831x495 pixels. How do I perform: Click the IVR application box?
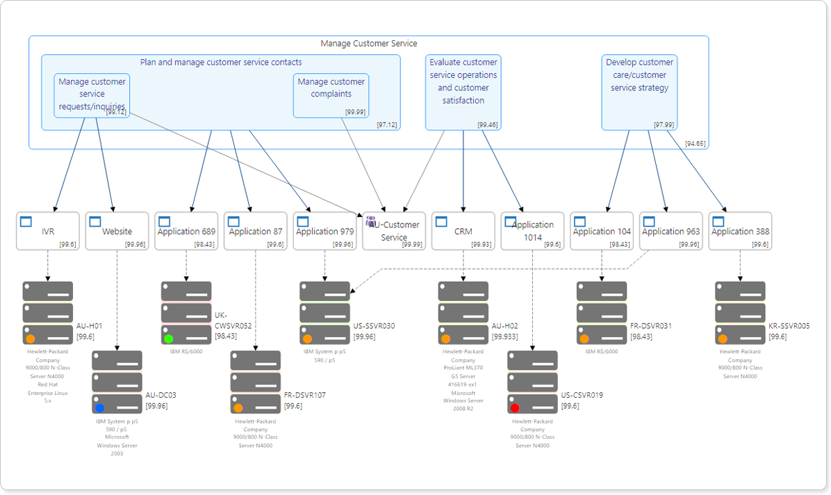(47, 232)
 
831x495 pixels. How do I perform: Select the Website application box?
(117, 232)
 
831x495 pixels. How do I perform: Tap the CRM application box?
(463, 232)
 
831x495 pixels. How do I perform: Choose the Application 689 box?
(186, 232)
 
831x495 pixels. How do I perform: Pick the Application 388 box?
(740, 232)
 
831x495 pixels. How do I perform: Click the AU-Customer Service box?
(394, 232)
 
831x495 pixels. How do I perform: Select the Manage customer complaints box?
(331, 95)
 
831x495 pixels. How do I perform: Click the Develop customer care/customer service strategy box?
(639, 92)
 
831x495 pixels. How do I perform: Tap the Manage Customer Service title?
(368, 44)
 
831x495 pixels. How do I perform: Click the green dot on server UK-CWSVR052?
(169, 339)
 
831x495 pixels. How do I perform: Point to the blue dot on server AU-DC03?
(99, 408)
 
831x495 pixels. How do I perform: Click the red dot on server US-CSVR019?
(515, 408)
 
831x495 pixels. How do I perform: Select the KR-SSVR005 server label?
(789, 326)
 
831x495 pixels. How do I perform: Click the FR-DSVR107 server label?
(304, 396)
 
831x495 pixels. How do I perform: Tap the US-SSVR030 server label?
(374, 326)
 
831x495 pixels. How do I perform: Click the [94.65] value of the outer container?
(695, 143)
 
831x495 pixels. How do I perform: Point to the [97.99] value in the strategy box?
(664, 124)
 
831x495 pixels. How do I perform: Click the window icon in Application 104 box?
(580, 222)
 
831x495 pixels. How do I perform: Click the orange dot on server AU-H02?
(445, 339)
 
